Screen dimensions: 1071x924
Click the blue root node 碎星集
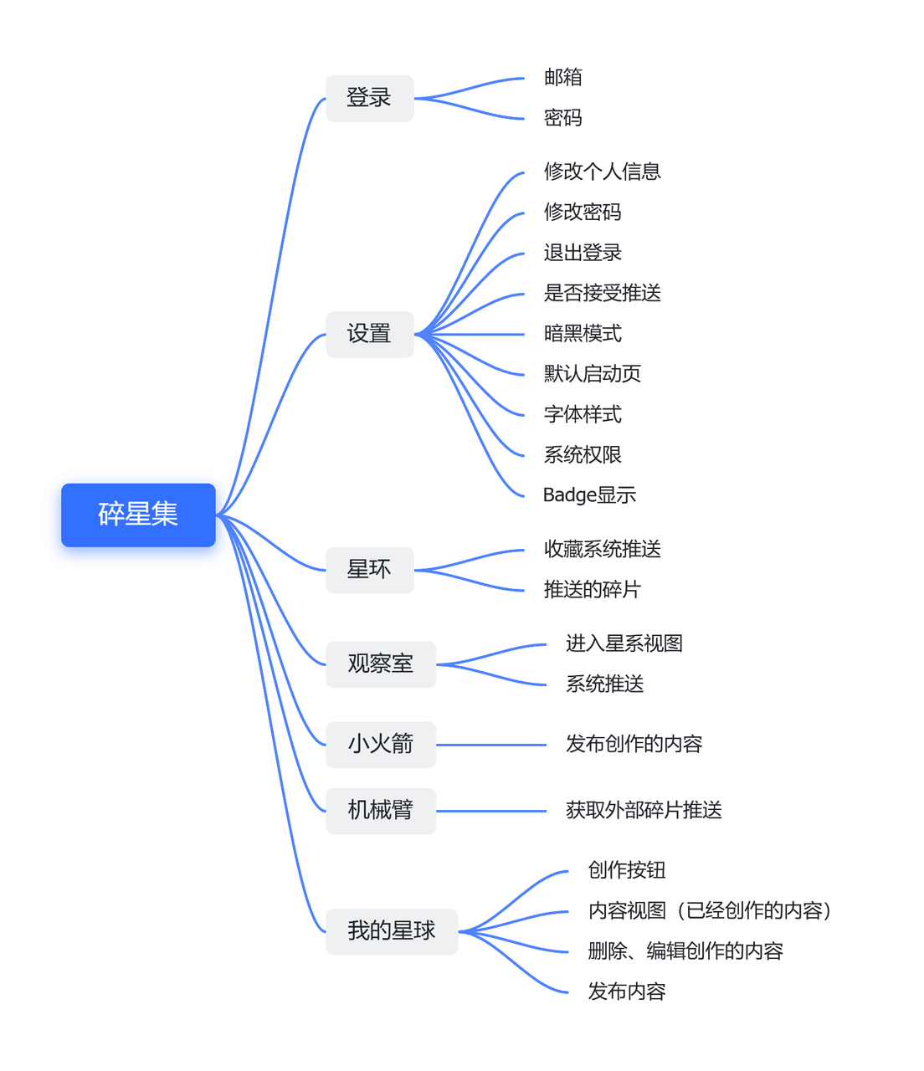tap(138, 515)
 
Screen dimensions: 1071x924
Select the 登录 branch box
tap(369, 98)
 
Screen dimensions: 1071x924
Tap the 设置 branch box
tap(369, 334)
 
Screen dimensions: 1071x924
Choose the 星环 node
tap(369, 570)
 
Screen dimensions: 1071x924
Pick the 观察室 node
tap(380, 664)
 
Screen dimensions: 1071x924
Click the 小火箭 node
tap(380, 744)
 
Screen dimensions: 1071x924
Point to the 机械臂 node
tap(380, 810)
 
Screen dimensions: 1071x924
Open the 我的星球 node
tap(391, 931)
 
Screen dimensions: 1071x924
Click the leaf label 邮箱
tap(562, 78)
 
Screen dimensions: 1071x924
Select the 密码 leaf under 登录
tap(562, 118)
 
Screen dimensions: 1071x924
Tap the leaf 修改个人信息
tap(602, 172)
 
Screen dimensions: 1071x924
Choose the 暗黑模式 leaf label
tap(583, 334)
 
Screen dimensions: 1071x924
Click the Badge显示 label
tap(589, 495)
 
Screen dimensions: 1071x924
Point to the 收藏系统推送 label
tap(602, 549)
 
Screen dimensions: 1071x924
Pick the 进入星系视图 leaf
tap(624, 643)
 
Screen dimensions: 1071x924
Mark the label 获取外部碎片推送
tap(643, 810)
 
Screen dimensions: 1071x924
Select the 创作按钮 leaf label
tap(626, 870)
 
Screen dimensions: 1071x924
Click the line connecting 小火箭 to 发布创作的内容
tap(491, 745)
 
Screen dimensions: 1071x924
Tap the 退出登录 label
tap(583, 253)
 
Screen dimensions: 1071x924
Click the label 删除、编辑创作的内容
tap(685, 951)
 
